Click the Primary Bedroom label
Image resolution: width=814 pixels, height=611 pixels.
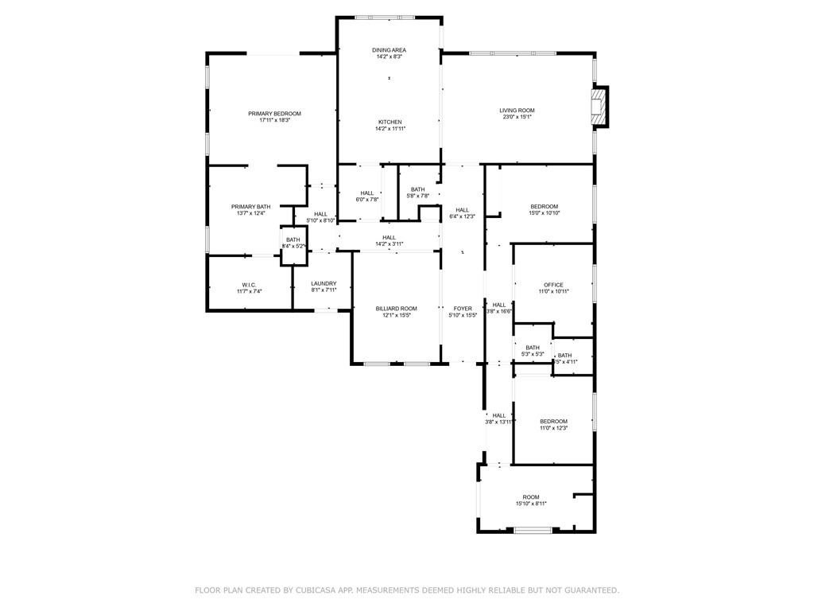pyautogui.click(x=274, y=114)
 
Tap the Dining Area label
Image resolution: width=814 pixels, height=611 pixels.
pyautogui.click(x=389, y=50)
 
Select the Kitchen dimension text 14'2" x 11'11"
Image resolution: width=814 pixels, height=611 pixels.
pyautogui.click(x=390, y=129)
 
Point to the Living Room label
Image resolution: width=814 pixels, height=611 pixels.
pyautogui.click(x=517, y=111)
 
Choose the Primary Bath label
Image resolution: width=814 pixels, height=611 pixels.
pyautogui.click(x=250, y=207)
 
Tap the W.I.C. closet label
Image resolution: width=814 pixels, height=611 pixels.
pyautogui.click(x=248, y=285)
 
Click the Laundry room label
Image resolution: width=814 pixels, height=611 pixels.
pyautogui.click(x=324, y=284)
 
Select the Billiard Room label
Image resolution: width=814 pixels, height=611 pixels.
pyautogui.click(x=396, y=309)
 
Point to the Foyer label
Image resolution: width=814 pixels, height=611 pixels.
pyautogui.click(x=463, y=309)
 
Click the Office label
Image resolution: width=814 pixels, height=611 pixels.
pyautogui.click(x=553, y=285)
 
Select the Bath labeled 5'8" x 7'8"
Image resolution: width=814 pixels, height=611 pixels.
pyautogui.click(x=417, y=189)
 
